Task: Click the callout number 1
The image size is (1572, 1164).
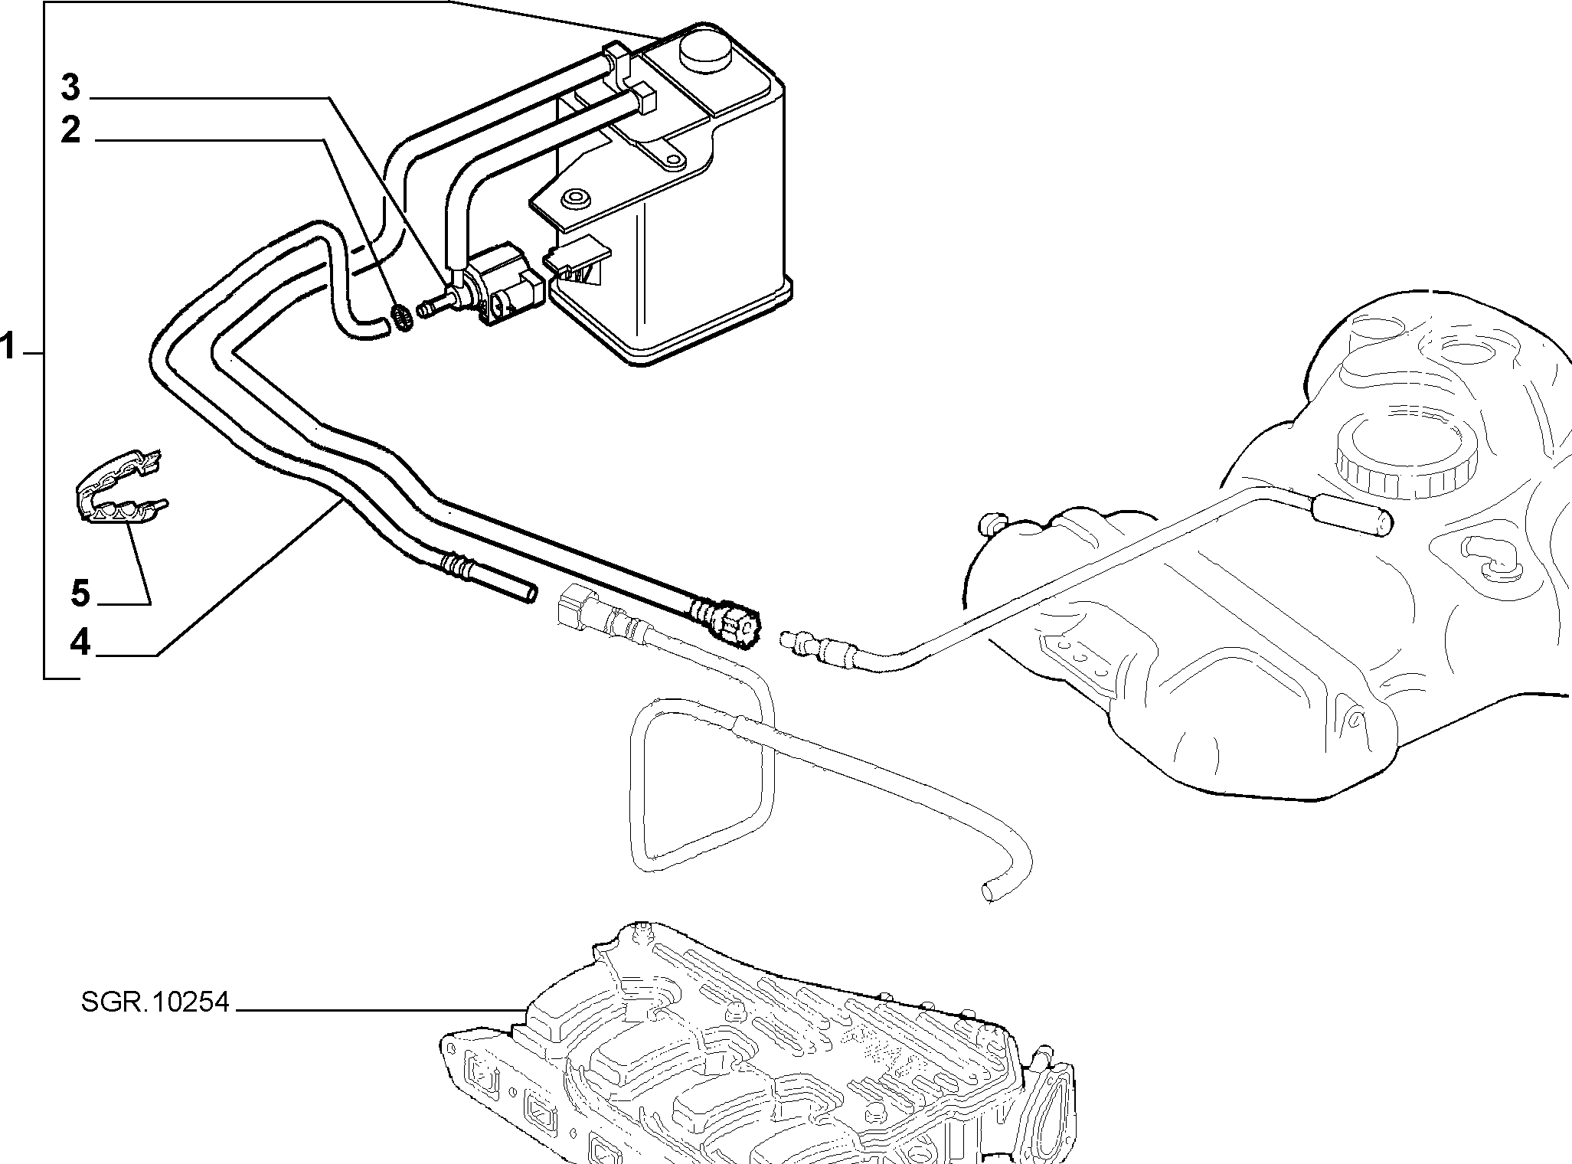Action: click(x=8, y=347)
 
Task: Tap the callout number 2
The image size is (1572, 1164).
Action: click(x=70, y=130)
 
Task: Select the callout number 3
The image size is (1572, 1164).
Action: click(x=70, y=89)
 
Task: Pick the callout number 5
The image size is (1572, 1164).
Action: click(x=80, y=593)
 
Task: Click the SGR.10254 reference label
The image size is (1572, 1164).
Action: click(x=155, y=1002)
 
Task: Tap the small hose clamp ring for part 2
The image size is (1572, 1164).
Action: click(x=403, y=317)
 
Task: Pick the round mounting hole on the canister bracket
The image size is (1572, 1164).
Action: click(x=573, y=199)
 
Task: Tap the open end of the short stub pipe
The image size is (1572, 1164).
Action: click(x=529, y=595)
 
